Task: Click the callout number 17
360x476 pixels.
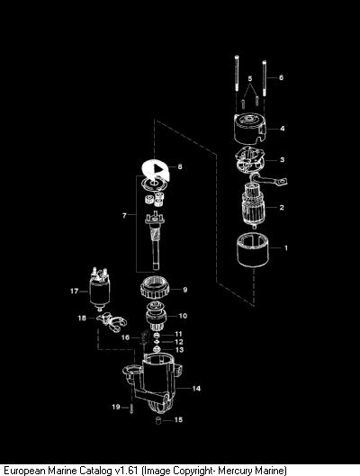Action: pyautogui.click(x=75, y=292)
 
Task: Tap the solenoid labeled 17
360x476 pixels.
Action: pyautogui.click(x=100, y=290)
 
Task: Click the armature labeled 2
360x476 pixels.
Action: pyautogui.click(x=254, y=205)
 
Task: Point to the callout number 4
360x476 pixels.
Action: pyautogui.click(x=283, y=129)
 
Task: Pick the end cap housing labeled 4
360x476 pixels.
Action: pyautogui.click(x=250, y=129)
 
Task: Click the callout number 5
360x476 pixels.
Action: pyautogui.click(x=250, y=78)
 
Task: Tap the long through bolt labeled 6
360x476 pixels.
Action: pyautogui.click(x=265, y=78)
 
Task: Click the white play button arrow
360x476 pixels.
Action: pyautogui.click(x=157, y=168)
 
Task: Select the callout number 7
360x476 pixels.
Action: pyautogui.click(x=124, y=215)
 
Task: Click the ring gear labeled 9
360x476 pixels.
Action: pyautogui.click(x=155, y=289)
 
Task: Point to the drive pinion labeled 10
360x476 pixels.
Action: pyautogui.click(x=156, y=317)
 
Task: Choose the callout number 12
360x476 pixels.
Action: pyautogui.click(x=179, y=342)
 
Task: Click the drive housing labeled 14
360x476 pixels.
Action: pyautogui.click(x=153, y=382)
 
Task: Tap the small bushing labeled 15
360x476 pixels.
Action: pyautogui.click(x=157, y=421)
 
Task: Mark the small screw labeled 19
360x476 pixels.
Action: pyautogui.click(x=131, y=409)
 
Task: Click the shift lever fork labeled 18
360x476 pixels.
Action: pyautogui.click(x=112, y=322)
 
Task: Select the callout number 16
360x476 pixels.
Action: pyautogui.click(x=125, y=337)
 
